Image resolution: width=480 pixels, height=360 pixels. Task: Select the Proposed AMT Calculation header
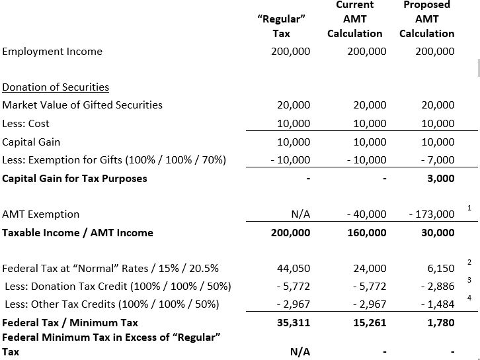tap(426, 19)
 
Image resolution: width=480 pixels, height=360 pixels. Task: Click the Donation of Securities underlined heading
tap(56, 87)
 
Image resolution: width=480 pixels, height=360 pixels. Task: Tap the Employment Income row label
tap(52, 52)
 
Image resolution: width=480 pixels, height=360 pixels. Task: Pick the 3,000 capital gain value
tap(441, 179)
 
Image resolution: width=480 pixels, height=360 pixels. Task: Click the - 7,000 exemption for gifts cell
tap(438, 160)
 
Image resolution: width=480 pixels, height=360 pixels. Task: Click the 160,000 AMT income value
tap(367, 232)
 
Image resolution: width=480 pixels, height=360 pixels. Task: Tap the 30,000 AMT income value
tap(438, 232)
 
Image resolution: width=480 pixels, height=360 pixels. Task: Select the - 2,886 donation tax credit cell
tap(438, 287)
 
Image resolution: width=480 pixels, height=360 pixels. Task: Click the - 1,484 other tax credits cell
tap(438, 304)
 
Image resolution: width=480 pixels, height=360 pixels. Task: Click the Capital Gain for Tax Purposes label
tap(75, 179)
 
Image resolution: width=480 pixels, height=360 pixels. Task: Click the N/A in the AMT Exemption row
tap(300, 214)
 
